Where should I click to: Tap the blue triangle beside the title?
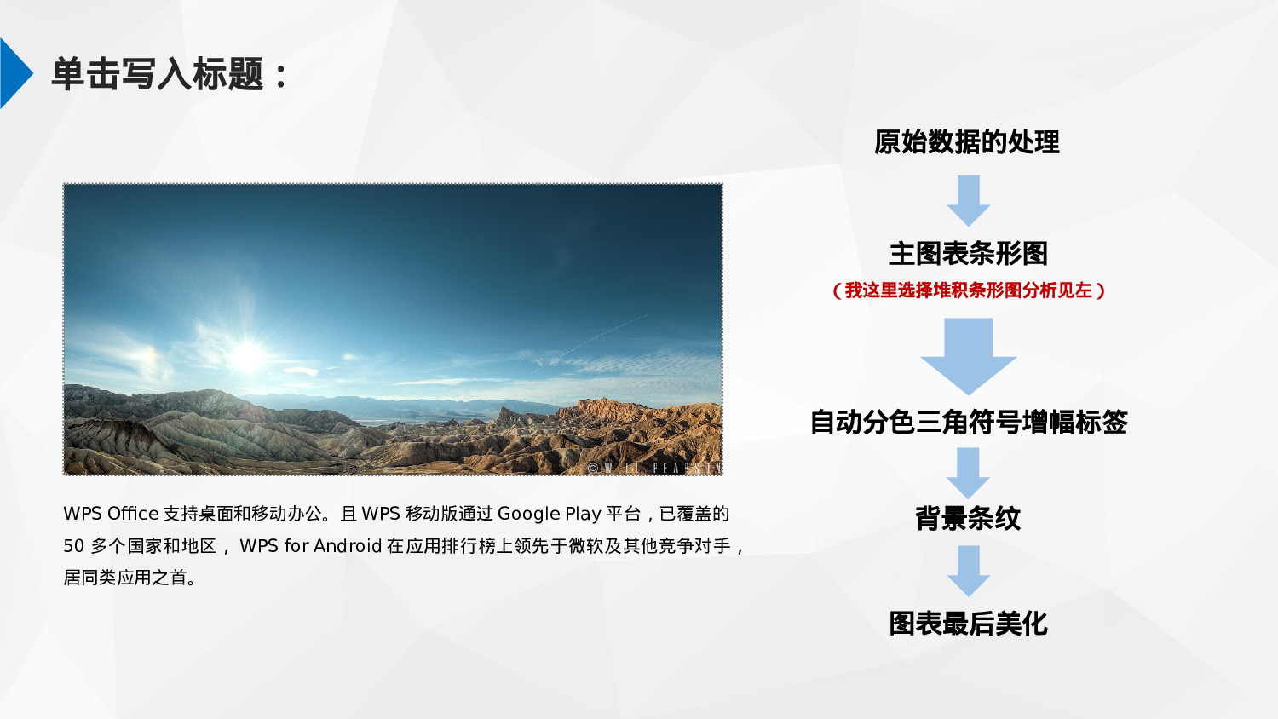(14, 73)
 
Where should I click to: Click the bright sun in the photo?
(247, 356)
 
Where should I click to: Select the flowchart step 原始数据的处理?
(967, 141)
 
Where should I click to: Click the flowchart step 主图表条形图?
(968, 253)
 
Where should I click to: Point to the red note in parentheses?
(968, 290)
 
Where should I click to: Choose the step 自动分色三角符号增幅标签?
(968, 422)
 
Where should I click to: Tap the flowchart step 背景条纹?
(968, 518)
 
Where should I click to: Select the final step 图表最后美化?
(968, 624)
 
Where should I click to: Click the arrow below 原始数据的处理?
(968, 200)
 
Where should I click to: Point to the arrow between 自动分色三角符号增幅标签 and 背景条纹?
(968, 473)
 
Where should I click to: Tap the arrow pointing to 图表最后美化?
(968, 571)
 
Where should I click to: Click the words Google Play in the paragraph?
(549, 514)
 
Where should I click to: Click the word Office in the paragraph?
(133, 514)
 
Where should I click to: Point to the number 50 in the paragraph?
(73, 546)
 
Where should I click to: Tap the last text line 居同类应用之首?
(130, 578)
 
